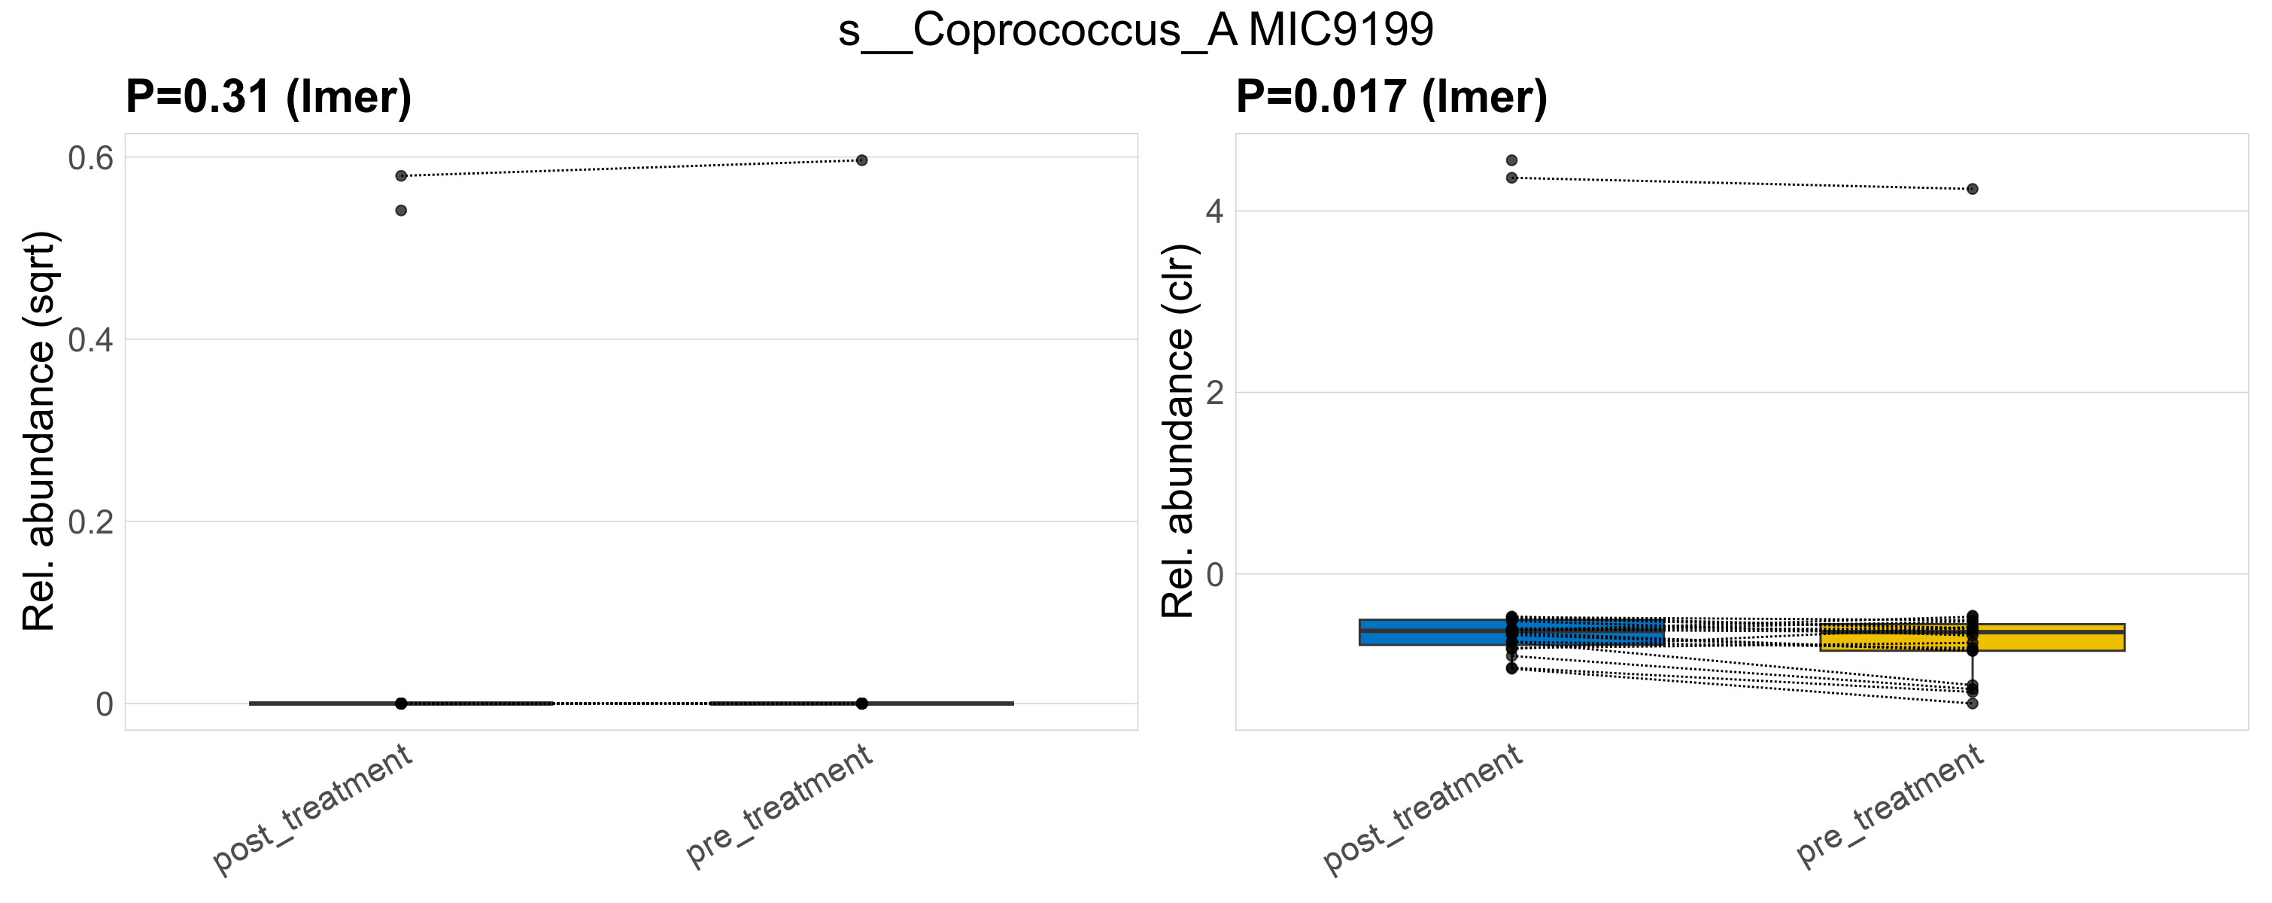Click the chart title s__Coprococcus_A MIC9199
click(x=1136, y=31)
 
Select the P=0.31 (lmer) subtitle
click(x=268, y=97)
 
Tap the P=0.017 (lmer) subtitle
click(x=1391, y=97)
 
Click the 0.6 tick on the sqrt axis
click(x=91, y=159)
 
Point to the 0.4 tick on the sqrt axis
click(x=91, y=340)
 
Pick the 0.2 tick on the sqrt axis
click(x=91, y=522)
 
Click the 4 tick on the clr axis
click(x=1214, y=211)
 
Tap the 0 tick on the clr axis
click(x=1214, y=575)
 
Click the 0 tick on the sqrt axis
click(x=104, y=704)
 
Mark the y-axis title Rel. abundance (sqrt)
click(x=40, y=430)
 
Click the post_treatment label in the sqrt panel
click(x=314, y=809)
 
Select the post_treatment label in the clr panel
click(x=1423, y=809)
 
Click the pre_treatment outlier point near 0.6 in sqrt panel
click(x=861, y=160)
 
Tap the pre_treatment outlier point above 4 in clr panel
click(x=1972, y=189)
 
